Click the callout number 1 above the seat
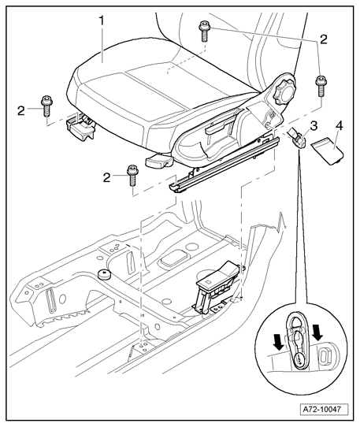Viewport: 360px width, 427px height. click(x=102, y=20)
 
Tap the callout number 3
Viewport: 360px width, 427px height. click(x=314, y=126)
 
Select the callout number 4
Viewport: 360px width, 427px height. click(x=339, y=126)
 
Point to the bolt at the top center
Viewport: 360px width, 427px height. click(x=203, y=32)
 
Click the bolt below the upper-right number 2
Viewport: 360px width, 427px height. click(x=321, y=86)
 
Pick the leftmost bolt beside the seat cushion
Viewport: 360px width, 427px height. click(x=46, y=106)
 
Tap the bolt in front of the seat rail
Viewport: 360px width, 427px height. click(x=132, y=176)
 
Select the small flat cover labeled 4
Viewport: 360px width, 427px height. click(x=327, y=150)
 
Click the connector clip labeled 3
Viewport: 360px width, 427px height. click(x=297, y=139)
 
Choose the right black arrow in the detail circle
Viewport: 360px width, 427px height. click(x=317, y=332)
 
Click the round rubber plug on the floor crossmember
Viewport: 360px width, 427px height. click(x=103, y=274)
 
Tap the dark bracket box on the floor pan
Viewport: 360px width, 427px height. click(x=216, y=285)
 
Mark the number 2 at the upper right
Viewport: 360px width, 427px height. click(x=323, y=39)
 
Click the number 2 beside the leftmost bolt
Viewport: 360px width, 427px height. click(x=21, y=111)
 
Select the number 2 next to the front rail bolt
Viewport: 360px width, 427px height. click(x=107, y=178)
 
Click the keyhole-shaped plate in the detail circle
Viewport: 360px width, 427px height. click(x=298, y=342)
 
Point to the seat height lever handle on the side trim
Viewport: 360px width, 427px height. click(x=216, y=128)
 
